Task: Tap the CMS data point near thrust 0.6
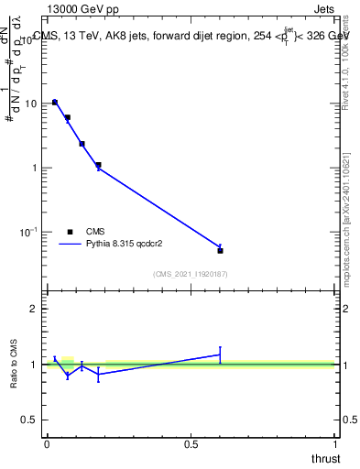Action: tap(220, 250)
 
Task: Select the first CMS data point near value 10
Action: tap(55, 103)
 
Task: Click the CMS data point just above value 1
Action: tap(98, 165)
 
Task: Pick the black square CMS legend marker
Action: tap(70, 232)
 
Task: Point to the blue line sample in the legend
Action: tap(70, 245)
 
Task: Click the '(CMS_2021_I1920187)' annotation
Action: tap(190, 274)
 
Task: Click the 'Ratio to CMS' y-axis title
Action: tap(15, 364)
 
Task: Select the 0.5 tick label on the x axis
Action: tap(191, 443)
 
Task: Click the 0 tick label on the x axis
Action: tap(47, 443)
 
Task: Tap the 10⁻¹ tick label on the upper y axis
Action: tap(29, 233)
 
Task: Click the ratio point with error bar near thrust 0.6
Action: tap(220, 354)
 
